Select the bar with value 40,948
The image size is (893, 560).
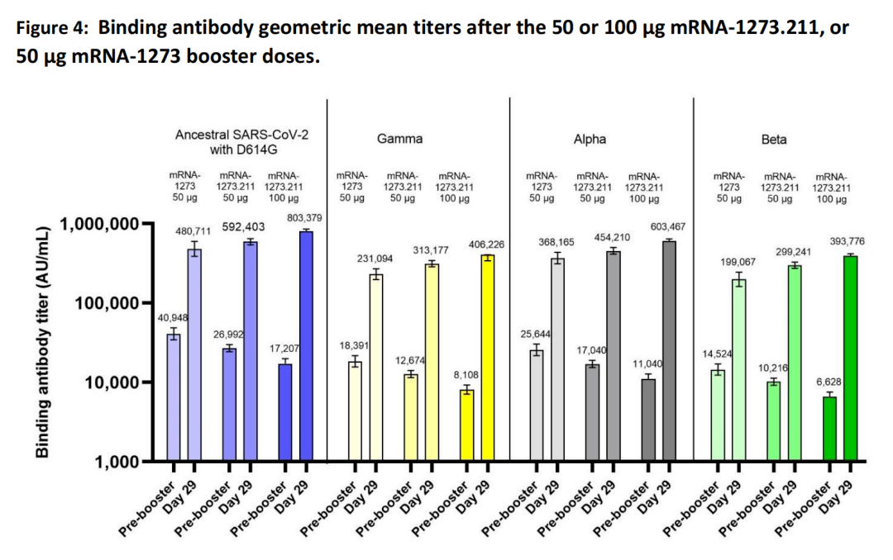[174, 396]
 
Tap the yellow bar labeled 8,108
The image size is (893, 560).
[467, 425]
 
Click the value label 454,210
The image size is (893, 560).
[612, 238]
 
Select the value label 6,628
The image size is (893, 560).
[829, 382]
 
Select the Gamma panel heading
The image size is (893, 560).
[399, 139]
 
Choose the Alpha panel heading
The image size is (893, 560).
[590, 139]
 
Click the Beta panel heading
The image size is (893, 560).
[774, 139]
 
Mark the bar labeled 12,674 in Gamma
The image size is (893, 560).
[411, 417]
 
